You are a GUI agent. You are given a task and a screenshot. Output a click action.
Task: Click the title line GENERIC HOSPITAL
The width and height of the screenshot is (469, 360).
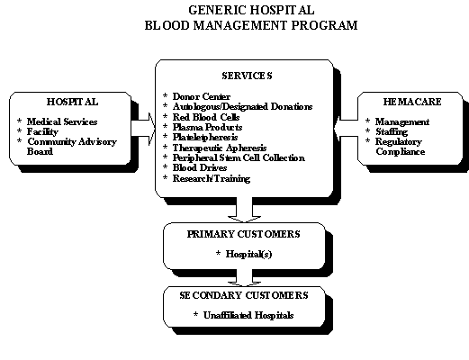point(251,10)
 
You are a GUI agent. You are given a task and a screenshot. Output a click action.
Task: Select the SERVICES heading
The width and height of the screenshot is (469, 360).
point(247,76)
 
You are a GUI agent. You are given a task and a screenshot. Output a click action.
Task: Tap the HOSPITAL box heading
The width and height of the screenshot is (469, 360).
point(72,102)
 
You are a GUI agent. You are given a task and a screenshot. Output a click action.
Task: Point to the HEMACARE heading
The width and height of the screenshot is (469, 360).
point(412,102)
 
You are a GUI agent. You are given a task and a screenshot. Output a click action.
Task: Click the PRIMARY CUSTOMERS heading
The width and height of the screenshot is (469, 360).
point(243,234)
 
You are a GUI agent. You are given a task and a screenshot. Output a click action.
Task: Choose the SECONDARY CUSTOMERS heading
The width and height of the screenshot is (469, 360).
point(244,295)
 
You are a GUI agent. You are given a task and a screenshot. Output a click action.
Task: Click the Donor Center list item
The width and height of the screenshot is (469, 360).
point(202,96)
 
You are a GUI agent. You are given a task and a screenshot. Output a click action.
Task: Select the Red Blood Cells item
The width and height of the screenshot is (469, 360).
point(206,117)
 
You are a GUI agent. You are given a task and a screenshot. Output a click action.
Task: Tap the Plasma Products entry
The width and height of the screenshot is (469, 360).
point(207,127)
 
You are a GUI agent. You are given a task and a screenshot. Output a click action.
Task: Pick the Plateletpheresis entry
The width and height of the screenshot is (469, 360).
point(205,138)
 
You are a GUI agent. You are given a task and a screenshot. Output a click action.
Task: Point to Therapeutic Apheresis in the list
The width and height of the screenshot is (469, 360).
point(220,148)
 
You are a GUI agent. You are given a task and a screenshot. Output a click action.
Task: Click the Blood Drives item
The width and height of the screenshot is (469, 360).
point(200,167)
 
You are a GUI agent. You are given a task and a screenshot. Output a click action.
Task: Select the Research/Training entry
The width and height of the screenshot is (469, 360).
point(212,179)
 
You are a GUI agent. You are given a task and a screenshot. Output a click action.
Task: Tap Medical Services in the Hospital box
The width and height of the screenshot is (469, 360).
point(62,121)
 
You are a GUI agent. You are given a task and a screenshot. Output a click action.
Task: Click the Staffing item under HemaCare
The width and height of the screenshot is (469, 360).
point(392,131)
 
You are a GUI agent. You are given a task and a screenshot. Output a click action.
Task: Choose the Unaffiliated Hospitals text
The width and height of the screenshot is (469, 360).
point(248,315)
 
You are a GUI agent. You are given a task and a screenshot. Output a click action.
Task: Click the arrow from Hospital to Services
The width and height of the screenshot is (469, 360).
point(143,129)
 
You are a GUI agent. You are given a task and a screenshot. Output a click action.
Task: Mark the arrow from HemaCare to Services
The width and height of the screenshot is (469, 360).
point(346,129)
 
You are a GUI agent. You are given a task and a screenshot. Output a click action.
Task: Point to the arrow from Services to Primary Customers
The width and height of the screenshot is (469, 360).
point(244,210)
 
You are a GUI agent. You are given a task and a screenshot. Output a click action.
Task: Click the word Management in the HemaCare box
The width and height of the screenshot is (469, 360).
point(402,121)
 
